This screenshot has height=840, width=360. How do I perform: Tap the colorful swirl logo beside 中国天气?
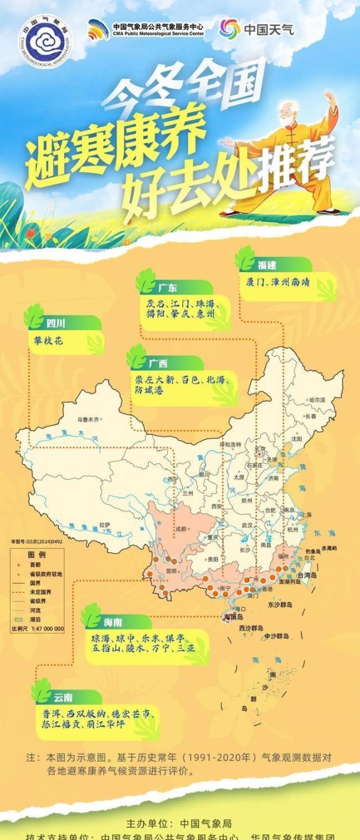coord(229,29)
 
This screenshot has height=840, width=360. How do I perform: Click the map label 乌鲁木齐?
coord(89,419)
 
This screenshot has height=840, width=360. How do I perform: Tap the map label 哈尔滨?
coord(316,400)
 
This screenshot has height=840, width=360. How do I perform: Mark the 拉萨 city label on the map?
coord(104,524)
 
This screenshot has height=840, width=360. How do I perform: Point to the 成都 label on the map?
coord(182,528)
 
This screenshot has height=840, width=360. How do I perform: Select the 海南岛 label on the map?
coord(232,617)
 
